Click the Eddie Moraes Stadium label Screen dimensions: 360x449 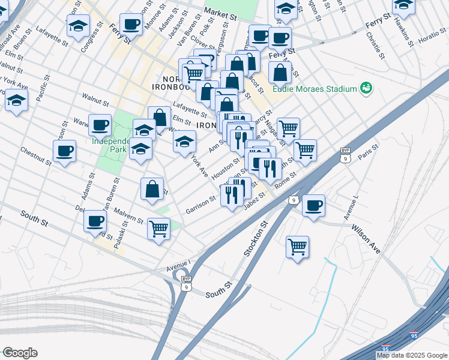coord(315,89)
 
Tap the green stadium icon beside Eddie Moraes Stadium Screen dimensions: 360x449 coord(366,89)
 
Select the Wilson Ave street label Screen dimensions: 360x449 coord(366,238)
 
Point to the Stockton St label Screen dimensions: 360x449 coord(255,239)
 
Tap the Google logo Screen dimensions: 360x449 coord(20,353)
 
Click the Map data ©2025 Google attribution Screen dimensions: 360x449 coord(411,355)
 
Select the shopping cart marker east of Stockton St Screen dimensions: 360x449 coord(297,247)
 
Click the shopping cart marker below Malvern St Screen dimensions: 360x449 coord(158,228)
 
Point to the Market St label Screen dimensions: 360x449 coord(220,12)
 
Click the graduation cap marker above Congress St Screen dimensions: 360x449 coord(77,26)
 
